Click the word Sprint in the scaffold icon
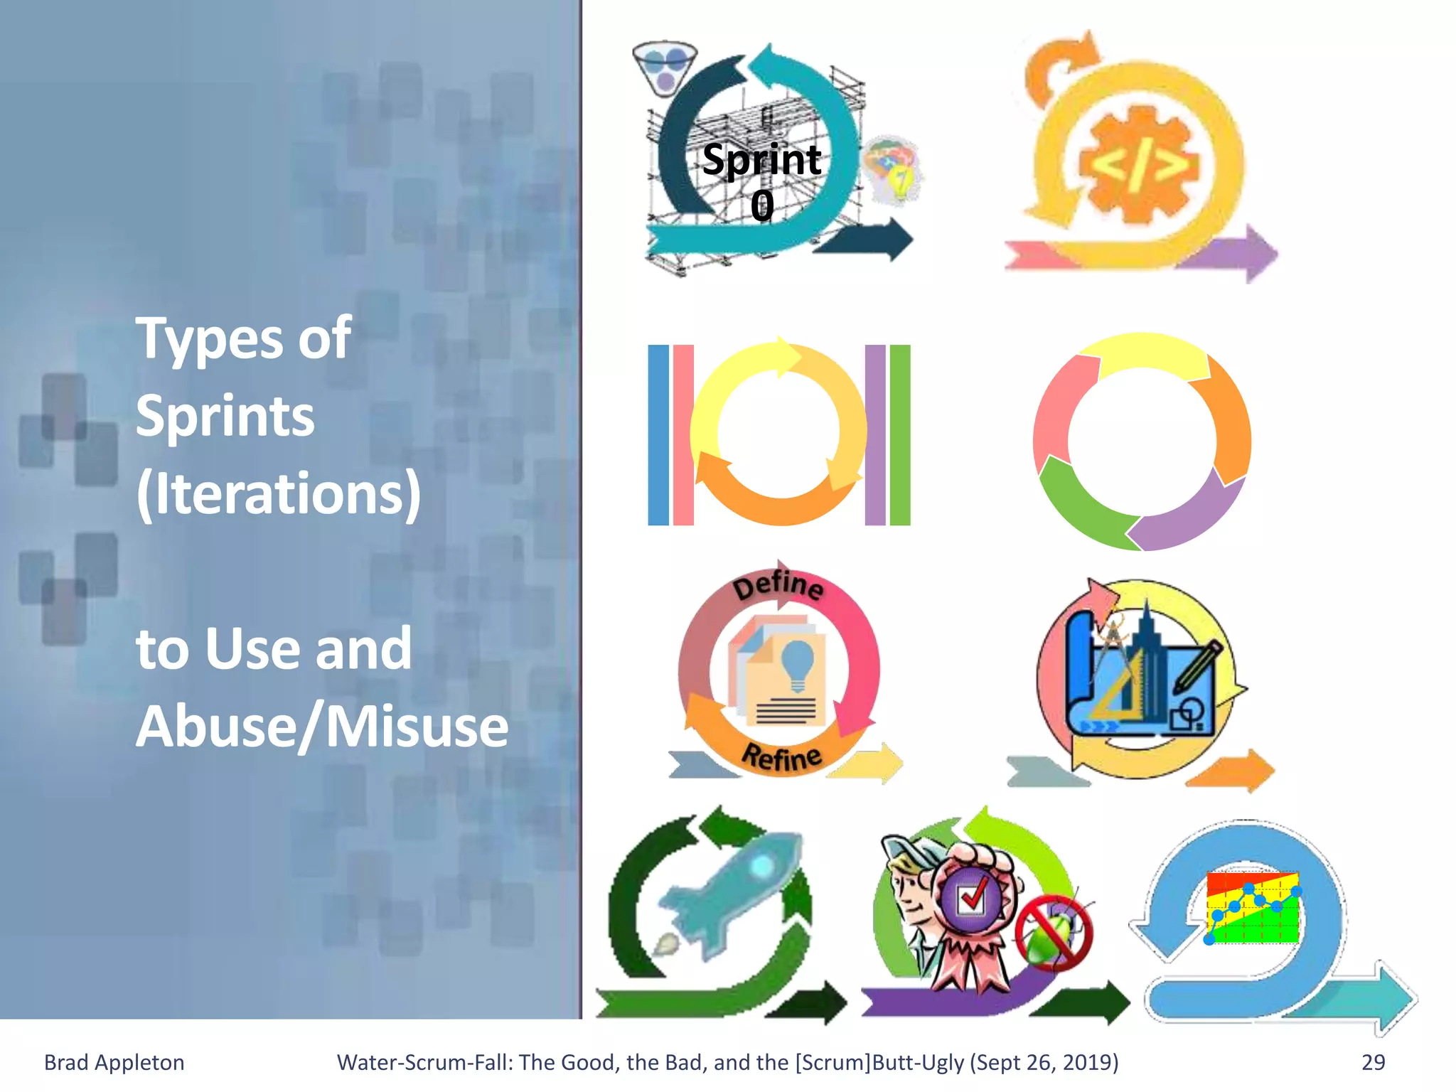pyautogui.click(x=761, y=159)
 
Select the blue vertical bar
pyautogui.click(x=658, y=435)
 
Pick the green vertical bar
pyautogui.click(x=900, y=435)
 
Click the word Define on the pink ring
pyautogui.click(x=778, y=586)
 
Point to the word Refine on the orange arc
pyautogui.click(x=781, y=756)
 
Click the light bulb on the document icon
pyautogui.click(x=797, y=661)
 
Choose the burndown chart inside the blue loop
pyautogui.click(x=1253, y=908)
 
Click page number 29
pyautogui.click(x=1373, y=1062)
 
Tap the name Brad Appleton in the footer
pyautogui.click(x=114, y=1062)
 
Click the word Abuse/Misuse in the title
pyautogui.click(x=322, y=726)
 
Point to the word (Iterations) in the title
pyautogui.click(x=279, y=493)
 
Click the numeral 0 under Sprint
pyautogui.click(x=762, y=206)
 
